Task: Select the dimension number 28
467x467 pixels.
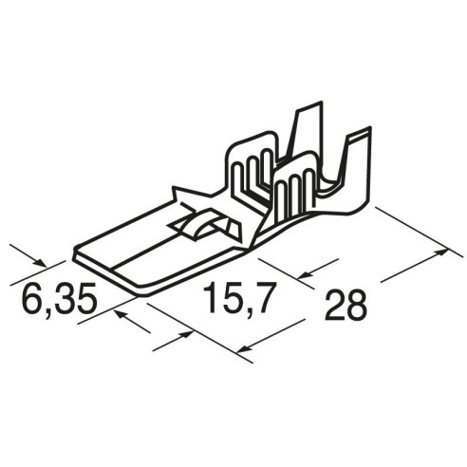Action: (x=346, y=305)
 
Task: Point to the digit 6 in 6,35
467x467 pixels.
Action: (x=33, y=297)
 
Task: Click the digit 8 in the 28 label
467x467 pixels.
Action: (x=357, y=305)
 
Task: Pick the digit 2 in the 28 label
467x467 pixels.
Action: (x=335, y=305)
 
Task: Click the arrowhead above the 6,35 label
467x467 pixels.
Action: (x=41, y=262)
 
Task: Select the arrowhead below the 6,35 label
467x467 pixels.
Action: (x=121, y=314)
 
